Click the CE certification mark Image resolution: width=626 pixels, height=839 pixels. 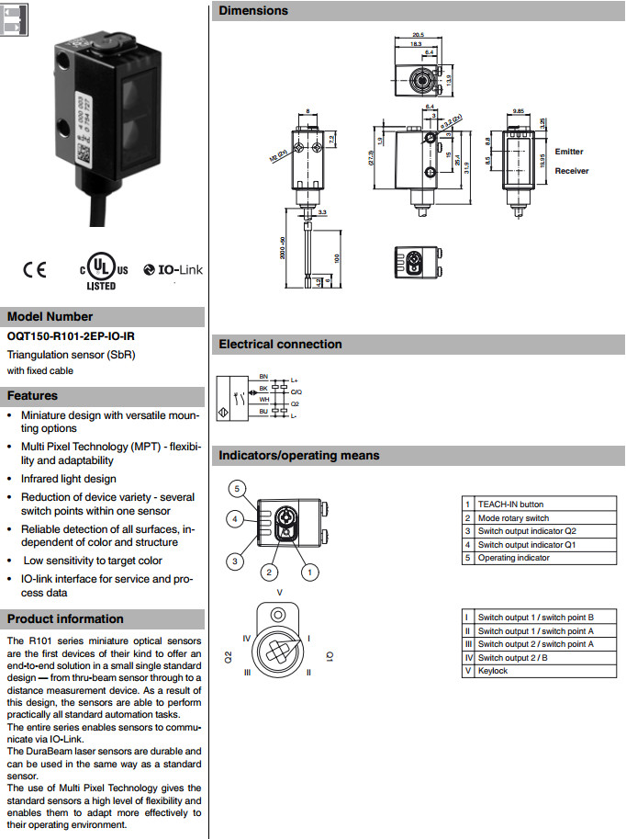coord(35,270)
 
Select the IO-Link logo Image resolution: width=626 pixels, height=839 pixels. coord(173,270)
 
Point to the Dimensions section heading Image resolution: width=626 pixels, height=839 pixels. coord(253,11)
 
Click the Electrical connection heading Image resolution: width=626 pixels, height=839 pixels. coord(280,345)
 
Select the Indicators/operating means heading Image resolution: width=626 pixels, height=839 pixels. coord(298,456)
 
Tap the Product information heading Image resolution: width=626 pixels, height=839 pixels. coord(65,619)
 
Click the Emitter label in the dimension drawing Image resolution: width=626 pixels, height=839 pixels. coord(568,152)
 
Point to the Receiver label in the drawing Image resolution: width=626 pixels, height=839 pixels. coord(571,171)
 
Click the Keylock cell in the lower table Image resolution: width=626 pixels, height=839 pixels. coord(492,671)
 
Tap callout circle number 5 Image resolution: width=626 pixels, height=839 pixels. coord(236,488)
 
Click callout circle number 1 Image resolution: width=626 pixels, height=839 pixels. coord(310,572)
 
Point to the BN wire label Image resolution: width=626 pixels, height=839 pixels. coord(263,377)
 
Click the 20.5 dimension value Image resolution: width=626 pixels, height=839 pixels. coord(417,34)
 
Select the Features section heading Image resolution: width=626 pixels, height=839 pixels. coord(33,396)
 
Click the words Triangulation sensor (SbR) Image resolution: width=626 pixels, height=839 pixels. coord(71,355)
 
